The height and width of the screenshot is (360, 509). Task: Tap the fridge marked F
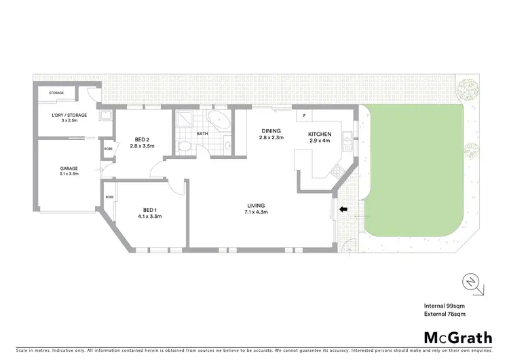coord(304,115)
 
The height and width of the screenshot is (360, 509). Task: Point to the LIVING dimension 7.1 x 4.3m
coord(256,213)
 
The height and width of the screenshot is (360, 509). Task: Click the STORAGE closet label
coord(56,92)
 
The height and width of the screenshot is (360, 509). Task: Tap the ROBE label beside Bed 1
coord(109,198)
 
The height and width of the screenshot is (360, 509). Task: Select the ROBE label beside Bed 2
coord(108,149)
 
